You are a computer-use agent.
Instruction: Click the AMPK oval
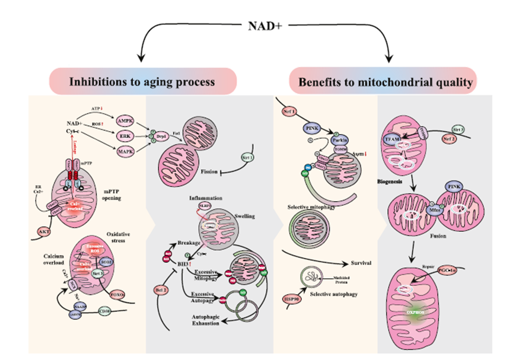tap(126, 120)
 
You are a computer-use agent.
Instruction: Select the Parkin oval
tap(340, 141)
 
